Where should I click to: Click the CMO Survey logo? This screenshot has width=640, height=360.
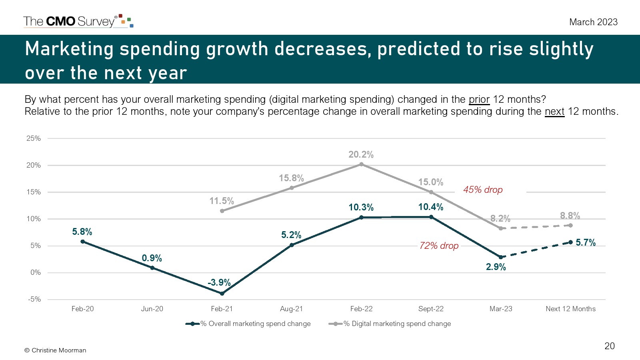pos(78,21)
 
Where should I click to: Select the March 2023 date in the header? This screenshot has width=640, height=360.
pos(593,22)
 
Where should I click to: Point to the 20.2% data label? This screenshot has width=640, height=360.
pos(361,155)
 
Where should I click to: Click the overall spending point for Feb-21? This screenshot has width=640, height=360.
pos(222,293)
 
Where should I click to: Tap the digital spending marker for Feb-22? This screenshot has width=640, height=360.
pos(361,164)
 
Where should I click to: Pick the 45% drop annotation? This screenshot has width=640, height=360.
pos(483,190)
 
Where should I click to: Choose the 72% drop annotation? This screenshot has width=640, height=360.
pos(439,246)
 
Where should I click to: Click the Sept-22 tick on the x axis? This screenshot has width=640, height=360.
pos(431,309)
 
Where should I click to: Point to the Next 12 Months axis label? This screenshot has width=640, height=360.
pos(570,309)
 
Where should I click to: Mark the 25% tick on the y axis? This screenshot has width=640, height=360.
pos(34,138)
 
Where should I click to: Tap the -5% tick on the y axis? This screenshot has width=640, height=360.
pos(34,299)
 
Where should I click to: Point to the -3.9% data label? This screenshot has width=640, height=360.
pos(219,282)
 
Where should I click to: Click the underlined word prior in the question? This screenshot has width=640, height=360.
pos(479,99)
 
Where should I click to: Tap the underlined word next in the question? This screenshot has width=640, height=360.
pos(554,111)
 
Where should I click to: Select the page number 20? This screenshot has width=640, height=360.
pos(610,346)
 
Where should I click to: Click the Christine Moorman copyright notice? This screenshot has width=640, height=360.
pos(55,350)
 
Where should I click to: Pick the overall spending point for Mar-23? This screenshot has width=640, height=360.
pos(500,257)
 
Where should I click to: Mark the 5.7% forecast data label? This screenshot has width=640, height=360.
pos(586,242)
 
